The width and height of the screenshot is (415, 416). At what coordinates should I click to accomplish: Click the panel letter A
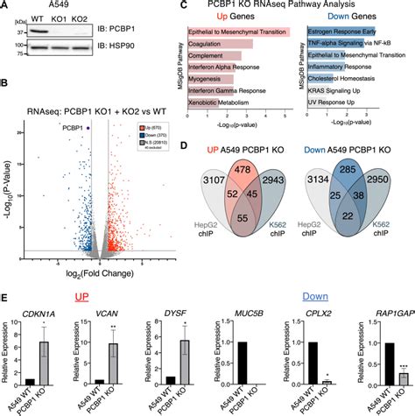click(5, 6)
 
